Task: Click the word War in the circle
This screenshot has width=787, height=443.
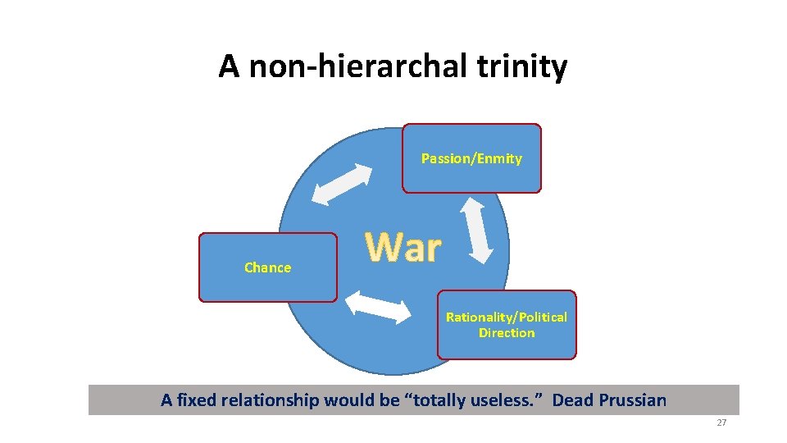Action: point(403,247)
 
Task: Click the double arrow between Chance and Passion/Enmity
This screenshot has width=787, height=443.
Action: point(343,184)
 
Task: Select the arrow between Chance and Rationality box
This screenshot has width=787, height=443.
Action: point(378,306)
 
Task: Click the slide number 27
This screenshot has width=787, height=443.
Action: point(721,422)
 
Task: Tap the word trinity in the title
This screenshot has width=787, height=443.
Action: point(525,66)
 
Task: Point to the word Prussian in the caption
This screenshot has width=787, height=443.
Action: point(631,400)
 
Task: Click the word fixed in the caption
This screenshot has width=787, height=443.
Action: point(194,400)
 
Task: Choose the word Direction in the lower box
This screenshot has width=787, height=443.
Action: point(507,333)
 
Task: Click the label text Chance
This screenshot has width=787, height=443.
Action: point(267,267)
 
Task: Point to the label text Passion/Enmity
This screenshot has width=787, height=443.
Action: point(471,158)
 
